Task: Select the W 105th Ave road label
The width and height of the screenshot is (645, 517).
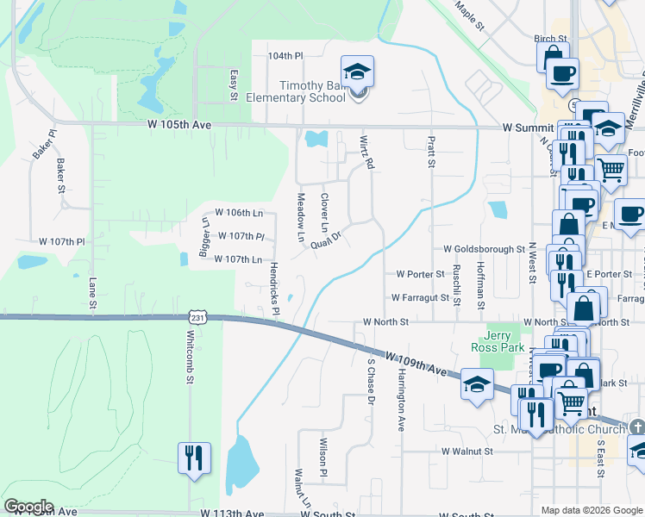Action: [x=179, y=125]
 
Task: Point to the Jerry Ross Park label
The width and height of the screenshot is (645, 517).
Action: [x=498, y=340]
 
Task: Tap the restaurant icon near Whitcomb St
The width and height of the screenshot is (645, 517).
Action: [x=194, y=457]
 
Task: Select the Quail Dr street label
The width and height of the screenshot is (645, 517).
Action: [x=327, y=240]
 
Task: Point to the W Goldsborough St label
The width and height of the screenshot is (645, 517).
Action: [x=484, y=248]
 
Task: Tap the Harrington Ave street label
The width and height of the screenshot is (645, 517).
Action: [x=401, y=401]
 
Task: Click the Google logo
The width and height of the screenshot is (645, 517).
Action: [x=28, y=507]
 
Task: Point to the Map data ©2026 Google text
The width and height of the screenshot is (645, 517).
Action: [x=592, y=510]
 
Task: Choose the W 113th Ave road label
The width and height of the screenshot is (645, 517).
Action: [x=233, y=513]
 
